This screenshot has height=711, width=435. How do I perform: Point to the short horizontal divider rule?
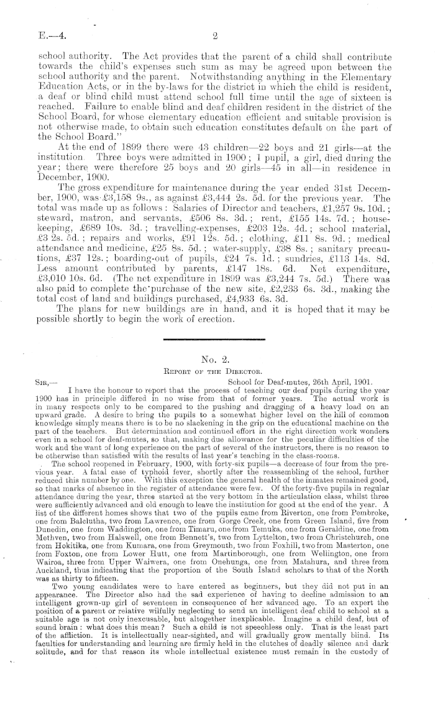pos(213,339)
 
